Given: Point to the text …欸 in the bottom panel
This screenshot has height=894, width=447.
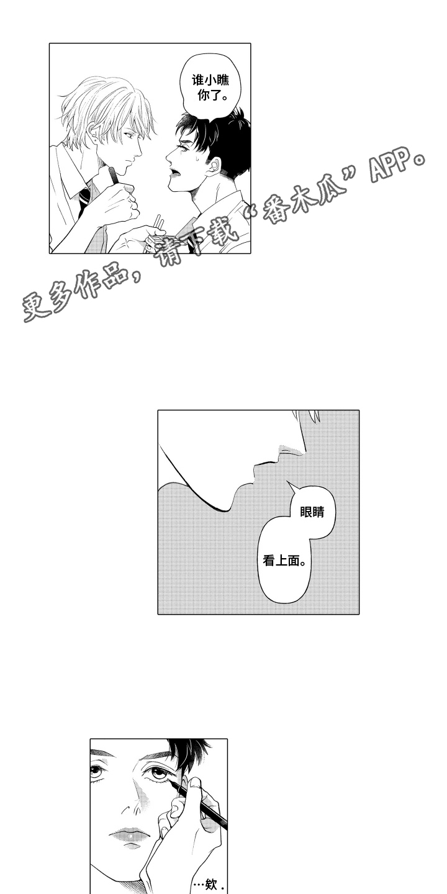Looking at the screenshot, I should click(209, 885).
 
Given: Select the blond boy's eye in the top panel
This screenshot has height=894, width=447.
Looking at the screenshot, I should click(129, 135).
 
